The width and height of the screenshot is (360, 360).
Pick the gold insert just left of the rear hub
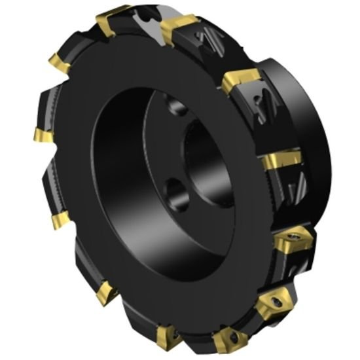coord(240,82)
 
